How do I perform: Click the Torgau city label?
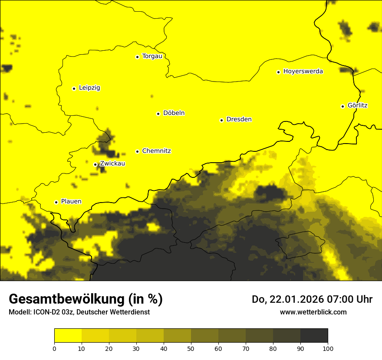(x=152, y=56)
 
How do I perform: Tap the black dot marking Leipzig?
(x=74, y=88)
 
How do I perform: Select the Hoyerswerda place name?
(x=303, y=72)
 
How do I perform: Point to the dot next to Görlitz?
(x=342, y=106)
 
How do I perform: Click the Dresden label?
(x=239, y=119)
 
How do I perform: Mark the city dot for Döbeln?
(x=158, y=114)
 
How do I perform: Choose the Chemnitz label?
(x=156, y=151)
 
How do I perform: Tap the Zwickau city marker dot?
(x=95, y=164)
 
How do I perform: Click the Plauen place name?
(x=71, y=202)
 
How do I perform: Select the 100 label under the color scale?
(x=328, y=348)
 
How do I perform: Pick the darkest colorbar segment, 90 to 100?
(x=314, y=335)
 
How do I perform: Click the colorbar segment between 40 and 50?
(x=177, y=335)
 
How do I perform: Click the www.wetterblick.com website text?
(x=313, y=312)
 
